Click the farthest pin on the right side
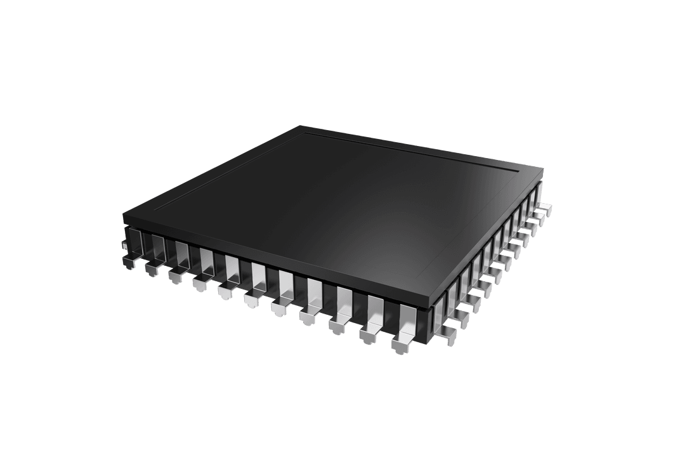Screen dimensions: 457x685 point(543,208)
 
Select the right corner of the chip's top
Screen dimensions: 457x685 point(543,170)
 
